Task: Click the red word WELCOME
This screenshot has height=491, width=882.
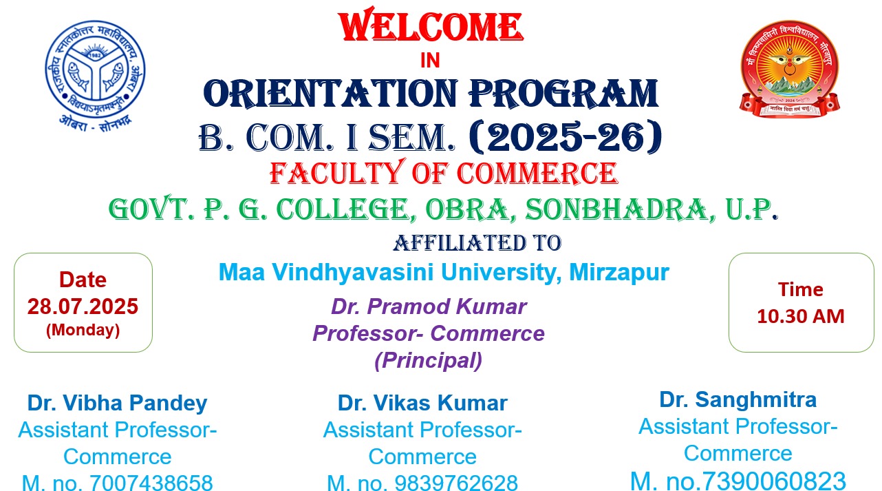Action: (x=431, y=24)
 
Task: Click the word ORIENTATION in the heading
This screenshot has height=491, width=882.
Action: (x=331, y=94)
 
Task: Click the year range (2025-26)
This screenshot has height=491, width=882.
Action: (x=566, y=137)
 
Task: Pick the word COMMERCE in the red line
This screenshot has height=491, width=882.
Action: (x=537, y=173)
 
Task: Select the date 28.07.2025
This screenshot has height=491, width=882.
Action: (x=83, y=306)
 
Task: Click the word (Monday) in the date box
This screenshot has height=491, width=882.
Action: (x=83, y=330)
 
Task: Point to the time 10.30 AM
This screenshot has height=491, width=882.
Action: (x=801, y=316)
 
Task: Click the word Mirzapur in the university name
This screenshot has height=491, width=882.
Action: (x=619, y=272)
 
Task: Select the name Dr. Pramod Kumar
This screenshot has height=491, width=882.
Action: (x=429, y=306)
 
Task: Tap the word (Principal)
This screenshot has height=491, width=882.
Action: (x=429, y=360)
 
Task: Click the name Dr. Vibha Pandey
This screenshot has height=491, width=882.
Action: (x=118, y=403)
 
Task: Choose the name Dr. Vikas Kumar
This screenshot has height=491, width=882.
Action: (x=422, y=403)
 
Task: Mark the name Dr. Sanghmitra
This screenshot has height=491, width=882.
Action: (x=738, y=399)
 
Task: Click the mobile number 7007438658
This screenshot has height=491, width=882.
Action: (x=151, y=482)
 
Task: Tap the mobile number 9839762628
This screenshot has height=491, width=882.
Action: (x=456, y=482)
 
